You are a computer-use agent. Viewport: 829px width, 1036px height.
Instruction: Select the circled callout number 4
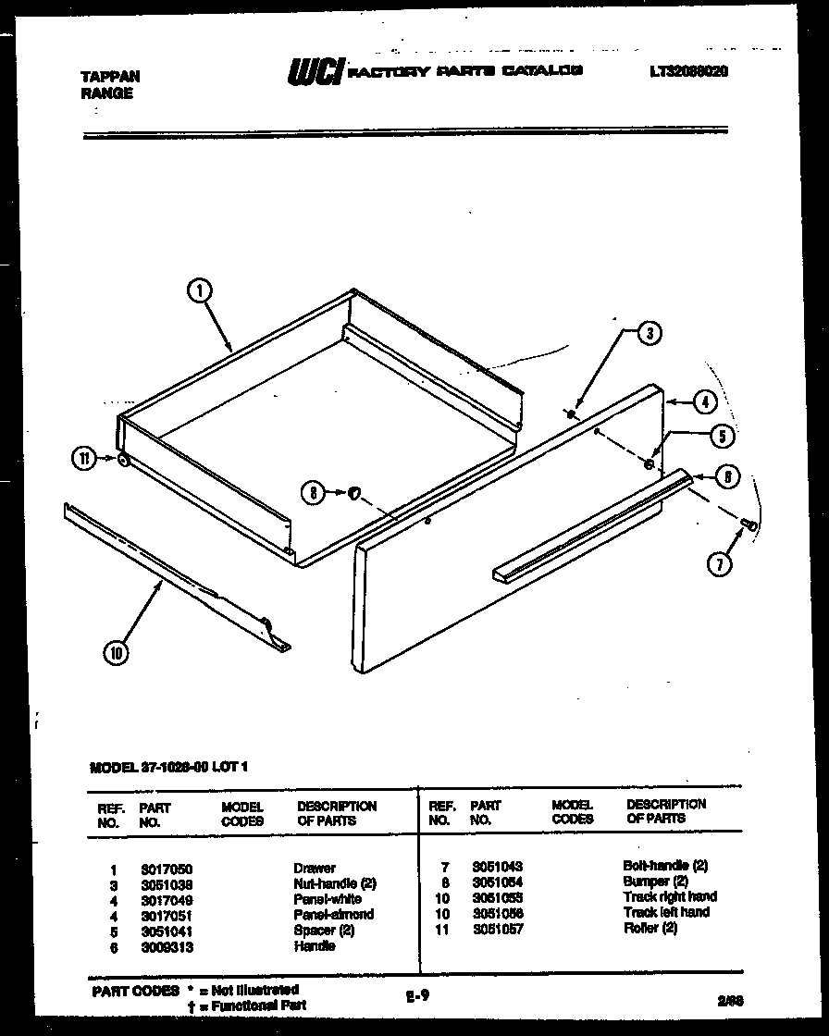pyautogui.click(x=704, y=402)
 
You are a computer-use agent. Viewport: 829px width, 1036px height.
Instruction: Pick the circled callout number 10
pyautogui.click(x=117, y=653)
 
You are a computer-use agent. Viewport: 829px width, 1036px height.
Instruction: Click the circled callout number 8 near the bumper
pyautogui.click(x=315, y=494)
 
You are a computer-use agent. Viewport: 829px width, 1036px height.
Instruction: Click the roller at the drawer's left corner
pyautogui.click(x=123, y=459)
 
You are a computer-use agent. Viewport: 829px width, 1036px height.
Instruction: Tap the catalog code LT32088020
pyautogui.click(x=687, y=70)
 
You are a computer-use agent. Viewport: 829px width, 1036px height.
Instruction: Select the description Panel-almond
pyautogui.click(x=333, y=914)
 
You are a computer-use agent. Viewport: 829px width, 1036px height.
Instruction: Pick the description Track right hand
pyautogui.click(x=669, y=896)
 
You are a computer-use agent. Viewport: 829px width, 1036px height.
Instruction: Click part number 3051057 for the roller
pyautogui.click(x=497, y=929)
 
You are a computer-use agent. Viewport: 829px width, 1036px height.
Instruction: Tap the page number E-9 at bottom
pyautogui.click(x=416, y=995)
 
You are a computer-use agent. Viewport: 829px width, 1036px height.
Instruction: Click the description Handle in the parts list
pyautogui.click(x=314, y=946)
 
